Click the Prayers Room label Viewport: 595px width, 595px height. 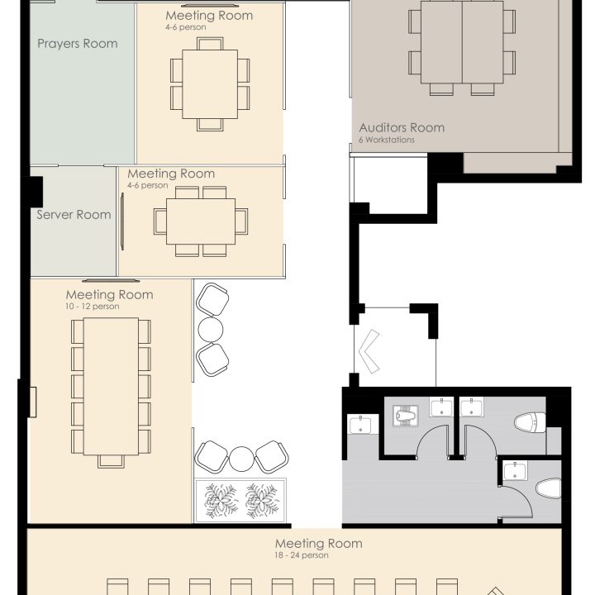point(78,44)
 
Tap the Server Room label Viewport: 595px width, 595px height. point(74,215)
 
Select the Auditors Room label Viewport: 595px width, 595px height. point(402,127)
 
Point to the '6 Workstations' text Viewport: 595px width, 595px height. point(387,140)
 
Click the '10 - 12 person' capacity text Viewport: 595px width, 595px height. point(93,307)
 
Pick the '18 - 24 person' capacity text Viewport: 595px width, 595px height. point(302,555)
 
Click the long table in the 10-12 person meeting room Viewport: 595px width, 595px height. point(111,386)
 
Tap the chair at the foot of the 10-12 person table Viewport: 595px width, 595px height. point(111,461)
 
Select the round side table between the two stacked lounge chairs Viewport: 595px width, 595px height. point(211,330)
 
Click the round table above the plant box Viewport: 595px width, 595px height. point(241,459)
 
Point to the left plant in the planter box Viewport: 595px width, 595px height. point(221,501)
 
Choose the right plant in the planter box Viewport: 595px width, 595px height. point(262,501)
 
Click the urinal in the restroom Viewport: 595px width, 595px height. point(406,416)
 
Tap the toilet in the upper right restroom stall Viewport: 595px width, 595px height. point(530,422)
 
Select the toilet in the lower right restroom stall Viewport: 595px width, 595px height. point(549,488)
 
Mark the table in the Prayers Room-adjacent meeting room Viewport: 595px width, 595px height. point(210,84)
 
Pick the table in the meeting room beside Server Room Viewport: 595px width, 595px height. point(201,221)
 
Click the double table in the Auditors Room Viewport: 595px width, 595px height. point(462,42)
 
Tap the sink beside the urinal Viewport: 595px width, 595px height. point(441,407)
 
